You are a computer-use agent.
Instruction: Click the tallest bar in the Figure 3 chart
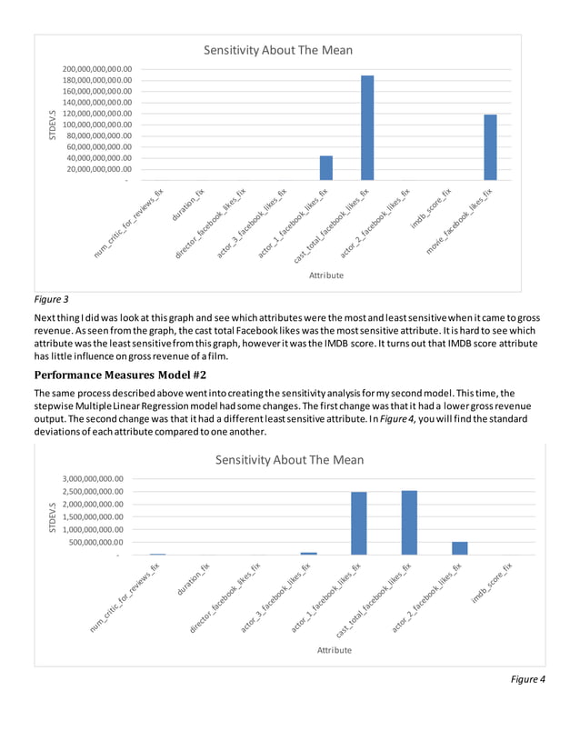367,127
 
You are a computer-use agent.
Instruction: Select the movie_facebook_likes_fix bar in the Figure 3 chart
490,147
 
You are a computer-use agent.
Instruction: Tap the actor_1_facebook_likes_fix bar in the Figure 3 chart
326,168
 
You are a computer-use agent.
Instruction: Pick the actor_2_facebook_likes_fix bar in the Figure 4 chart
460,548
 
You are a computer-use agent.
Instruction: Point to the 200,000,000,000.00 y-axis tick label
95,69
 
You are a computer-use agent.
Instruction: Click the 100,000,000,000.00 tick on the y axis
95,125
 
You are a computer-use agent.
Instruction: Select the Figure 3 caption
51,298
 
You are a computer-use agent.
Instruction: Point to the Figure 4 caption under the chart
528,678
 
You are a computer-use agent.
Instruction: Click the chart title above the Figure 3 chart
277,50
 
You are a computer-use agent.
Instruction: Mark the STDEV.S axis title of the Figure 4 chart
52,516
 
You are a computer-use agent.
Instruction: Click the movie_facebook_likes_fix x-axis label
459,221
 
